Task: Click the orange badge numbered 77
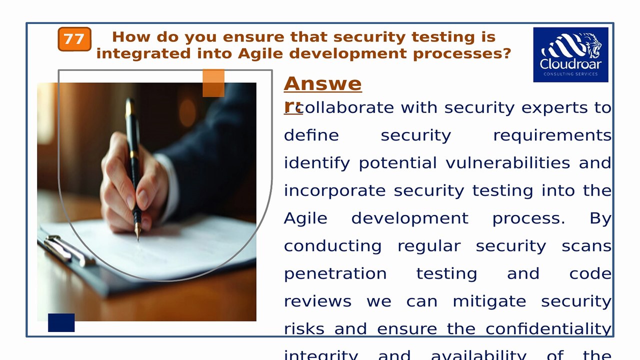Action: tap(74, 39)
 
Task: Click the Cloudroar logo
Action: tap(570, 54)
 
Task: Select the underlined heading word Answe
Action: tap(322, 84)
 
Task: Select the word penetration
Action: tap(335, 274)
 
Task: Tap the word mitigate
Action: tap(489, 301)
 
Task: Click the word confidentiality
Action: tap(548, 329)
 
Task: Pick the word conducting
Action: tap(332, 246)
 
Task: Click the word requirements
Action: tap(552, 135)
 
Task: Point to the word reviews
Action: tap(317, 301)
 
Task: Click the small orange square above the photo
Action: tap(213, 83)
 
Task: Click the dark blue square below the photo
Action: tap(61, 322)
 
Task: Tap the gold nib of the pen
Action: tap(138, 231)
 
